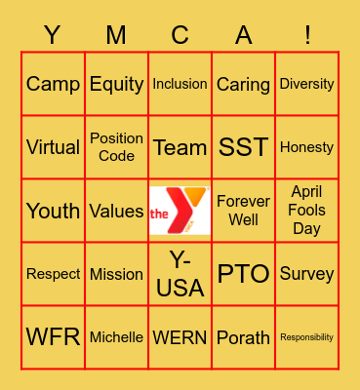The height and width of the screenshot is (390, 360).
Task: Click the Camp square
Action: pos(53,84)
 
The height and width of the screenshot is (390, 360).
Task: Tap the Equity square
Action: pos(116,84)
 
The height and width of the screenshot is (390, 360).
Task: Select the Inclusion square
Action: pos(180,84)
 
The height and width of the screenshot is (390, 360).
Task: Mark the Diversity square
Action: pos(306,84)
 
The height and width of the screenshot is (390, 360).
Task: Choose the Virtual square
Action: pos(53,147)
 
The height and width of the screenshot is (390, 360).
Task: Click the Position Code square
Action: pos(116,147)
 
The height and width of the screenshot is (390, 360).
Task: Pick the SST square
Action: pos(243,147)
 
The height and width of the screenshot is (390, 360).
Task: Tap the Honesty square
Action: pos(306,147)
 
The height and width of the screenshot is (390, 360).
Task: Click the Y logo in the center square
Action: pos(180,211)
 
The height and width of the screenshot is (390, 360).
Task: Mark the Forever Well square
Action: pos(243,211)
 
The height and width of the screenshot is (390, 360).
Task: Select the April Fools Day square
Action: pos(306,211)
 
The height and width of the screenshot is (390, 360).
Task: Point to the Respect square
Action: pos(53,274)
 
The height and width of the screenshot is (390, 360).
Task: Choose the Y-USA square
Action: pos(180,274)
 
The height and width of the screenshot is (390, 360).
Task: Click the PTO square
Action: pos(243,274)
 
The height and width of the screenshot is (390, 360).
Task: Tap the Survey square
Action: pos(306,274)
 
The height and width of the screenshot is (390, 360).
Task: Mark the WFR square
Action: pos(53,337)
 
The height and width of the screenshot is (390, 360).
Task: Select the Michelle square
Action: pos(116,337)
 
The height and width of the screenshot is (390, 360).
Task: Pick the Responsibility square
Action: pos(306,337)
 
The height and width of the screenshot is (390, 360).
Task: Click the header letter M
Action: pos(116,36)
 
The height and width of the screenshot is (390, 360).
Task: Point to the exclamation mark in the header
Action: pos(306,36)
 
